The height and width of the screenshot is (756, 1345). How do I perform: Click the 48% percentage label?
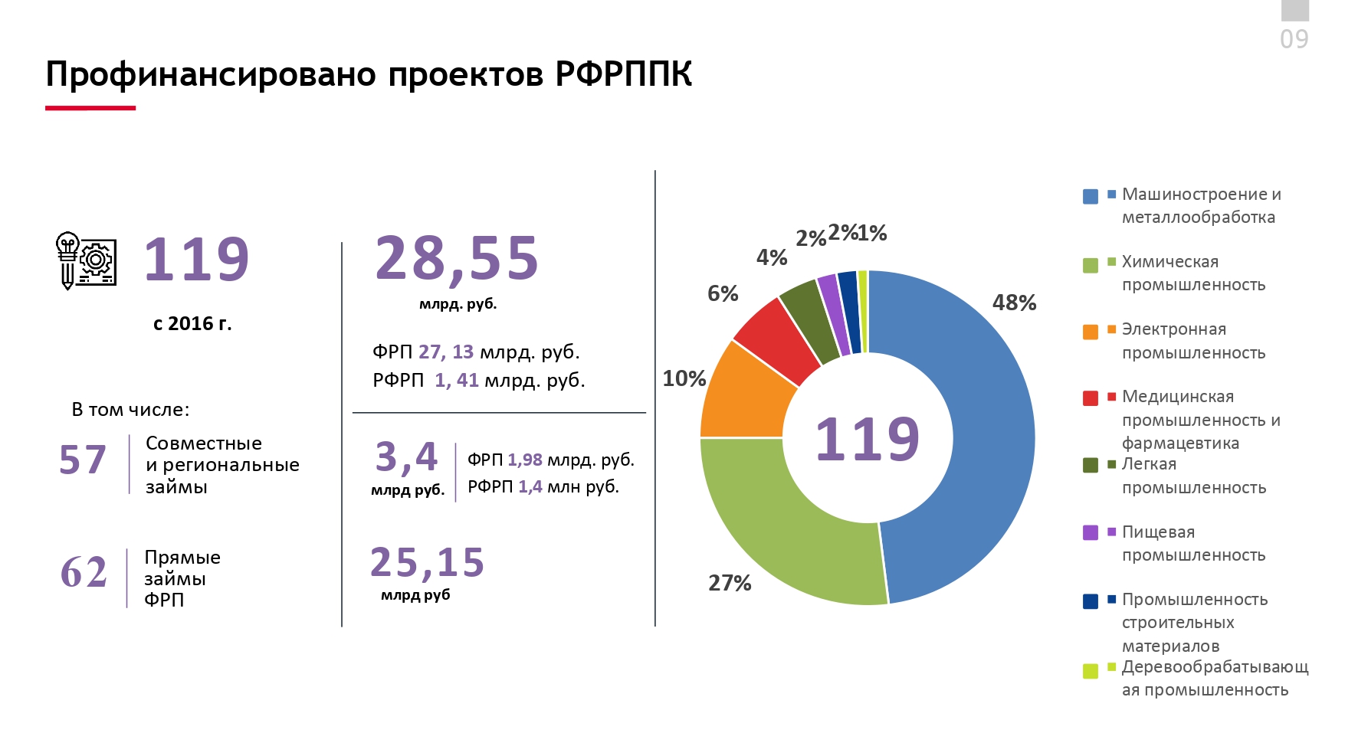1014,303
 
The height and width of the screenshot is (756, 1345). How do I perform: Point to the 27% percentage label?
730,584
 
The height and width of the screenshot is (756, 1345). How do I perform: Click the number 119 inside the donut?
867,440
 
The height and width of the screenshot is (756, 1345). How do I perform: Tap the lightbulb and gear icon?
86,260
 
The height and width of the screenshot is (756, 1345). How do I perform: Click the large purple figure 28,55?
457,258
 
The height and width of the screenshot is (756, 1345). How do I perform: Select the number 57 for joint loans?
83,460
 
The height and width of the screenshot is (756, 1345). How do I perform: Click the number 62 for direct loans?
84,572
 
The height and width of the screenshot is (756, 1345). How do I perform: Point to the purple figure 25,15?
427,563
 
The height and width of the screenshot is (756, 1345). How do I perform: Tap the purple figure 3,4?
406,457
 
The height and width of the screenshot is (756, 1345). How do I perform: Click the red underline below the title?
90,108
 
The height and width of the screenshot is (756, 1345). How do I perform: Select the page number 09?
1294,39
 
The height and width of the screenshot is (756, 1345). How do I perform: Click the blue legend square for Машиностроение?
1090,197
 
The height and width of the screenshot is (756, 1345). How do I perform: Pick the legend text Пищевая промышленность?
1193,543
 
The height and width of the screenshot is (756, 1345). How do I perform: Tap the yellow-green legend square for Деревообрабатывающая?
1090,671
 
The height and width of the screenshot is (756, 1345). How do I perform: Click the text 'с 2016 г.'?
192,324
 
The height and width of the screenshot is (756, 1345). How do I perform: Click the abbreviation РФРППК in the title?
623,74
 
